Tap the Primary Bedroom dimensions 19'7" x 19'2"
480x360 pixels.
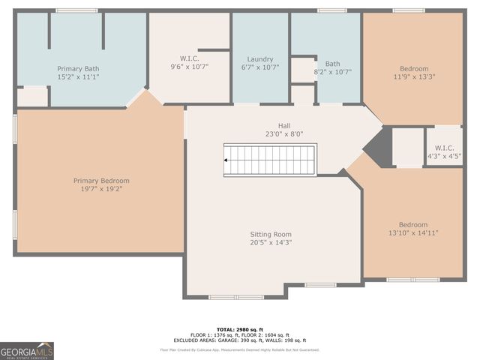point(101,190)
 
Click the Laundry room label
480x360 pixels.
point(260,58)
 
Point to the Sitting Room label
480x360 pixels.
point(271,234)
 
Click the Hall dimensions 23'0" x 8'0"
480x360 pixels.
point(284,134)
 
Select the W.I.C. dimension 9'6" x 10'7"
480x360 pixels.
point(189,67)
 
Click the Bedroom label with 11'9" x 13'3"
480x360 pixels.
point(414,68)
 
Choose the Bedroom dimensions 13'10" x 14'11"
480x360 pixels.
point(413,233)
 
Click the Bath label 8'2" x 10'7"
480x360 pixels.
point(332,64)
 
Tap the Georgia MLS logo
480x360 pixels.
point(27,350)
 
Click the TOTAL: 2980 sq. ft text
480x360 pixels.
point(239,329)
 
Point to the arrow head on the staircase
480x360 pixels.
point(227,159)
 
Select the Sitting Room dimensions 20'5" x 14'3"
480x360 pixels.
point(271,243)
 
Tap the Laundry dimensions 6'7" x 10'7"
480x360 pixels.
point(260,67)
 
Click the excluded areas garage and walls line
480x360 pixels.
point(239,340)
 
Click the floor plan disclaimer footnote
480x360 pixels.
point(239,349)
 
